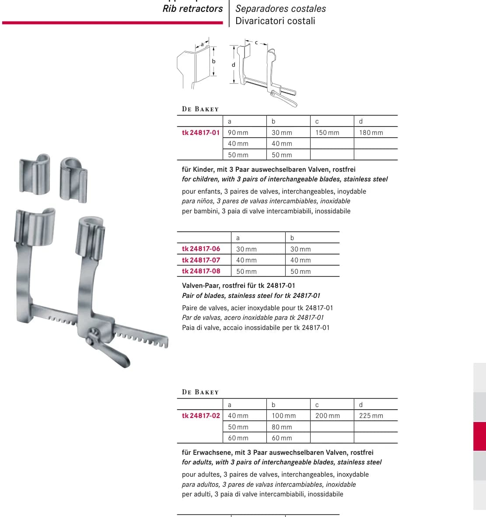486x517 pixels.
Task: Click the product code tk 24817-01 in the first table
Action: [200, 133]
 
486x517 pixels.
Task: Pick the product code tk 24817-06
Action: [201, 249]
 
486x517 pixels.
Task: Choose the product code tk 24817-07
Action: [201, 260]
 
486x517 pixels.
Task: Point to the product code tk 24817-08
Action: [201, 271]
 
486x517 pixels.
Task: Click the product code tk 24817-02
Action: [201, 416]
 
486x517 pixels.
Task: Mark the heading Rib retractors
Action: [192, 9]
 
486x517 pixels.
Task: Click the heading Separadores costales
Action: [280, 9]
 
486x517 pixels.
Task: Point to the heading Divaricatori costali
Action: [275, 21]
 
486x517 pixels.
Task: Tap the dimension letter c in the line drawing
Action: [256, 42]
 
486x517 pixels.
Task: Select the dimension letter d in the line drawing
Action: [234, 65]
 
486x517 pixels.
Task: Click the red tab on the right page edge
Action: [480, 436]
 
